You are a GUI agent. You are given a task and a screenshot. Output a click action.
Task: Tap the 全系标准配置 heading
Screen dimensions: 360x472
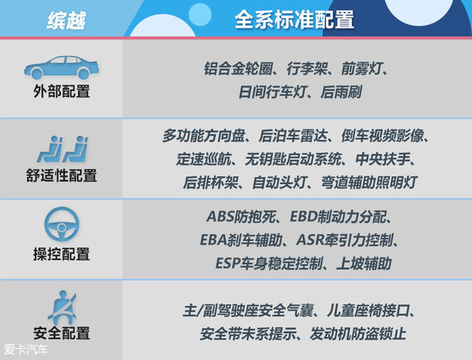point(294,19)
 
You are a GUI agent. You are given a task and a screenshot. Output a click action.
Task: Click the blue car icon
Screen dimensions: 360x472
point(61,68)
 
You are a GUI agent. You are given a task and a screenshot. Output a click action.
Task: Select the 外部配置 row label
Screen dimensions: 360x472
point(61,93)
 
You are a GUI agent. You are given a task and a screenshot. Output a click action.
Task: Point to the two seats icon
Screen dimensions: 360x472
point(61,149)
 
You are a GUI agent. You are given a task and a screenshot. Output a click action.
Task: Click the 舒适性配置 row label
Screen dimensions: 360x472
point(61,176)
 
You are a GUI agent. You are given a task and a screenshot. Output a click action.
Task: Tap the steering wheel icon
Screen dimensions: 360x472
point(61,224)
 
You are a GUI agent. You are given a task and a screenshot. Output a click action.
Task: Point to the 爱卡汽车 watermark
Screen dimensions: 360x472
point(24,350)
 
